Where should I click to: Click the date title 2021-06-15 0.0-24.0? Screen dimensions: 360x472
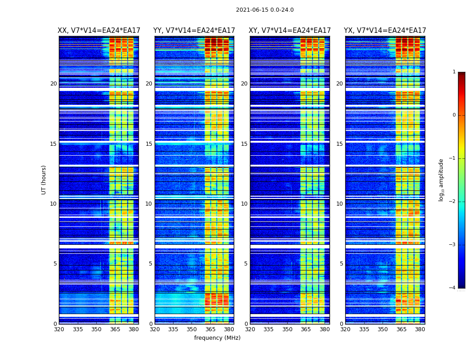click(265, 10)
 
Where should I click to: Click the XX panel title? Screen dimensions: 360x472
click(99, 31)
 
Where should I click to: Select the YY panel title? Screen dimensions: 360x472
click(194, 31)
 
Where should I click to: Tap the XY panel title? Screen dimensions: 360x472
click(290, 31)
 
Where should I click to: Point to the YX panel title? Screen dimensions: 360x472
click(385, 31)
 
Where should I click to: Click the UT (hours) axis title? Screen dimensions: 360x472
click(44, 180)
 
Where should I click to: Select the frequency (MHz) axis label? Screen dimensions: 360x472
click(217, 338)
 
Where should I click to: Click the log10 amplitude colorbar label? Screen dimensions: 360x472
click(441, 180)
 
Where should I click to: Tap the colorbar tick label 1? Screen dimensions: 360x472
click(454, 72)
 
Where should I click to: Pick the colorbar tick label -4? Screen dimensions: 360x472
click(453, 288)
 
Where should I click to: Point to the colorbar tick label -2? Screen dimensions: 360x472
click(453, 202)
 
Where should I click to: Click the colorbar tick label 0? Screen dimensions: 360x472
click(454, 115)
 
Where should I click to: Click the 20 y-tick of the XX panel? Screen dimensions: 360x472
click(53, 84)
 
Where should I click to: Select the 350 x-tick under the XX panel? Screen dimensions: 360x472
click(96, 329)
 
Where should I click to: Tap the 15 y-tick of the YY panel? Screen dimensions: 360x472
click(149, 144)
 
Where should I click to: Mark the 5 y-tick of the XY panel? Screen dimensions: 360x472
click(246, 264)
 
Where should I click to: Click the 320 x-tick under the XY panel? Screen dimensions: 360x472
click(250, 329)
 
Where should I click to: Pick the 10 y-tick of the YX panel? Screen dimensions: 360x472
click(339, 204)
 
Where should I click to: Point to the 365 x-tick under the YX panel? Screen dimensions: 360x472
click(401, 329)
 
